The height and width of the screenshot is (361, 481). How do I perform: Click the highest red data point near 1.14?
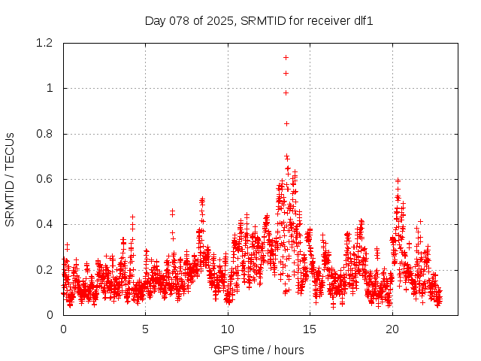286,57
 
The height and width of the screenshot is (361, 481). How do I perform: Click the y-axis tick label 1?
50,88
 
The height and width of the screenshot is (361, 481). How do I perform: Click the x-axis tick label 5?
146,329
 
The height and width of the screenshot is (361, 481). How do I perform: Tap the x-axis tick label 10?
228,329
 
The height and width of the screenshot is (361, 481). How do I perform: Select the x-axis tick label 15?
310,329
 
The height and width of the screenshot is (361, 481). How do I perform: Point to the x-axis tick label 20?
392,329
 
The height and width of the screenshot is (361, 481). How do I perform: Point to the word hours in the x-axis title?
289,350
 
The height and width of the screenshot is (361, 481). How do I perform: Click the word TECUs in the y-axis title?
11,154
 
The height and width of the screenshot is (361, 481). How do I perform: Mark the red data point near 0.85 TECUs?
286,123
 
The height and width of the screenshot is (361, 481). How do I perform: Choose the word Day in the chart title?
155,21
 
